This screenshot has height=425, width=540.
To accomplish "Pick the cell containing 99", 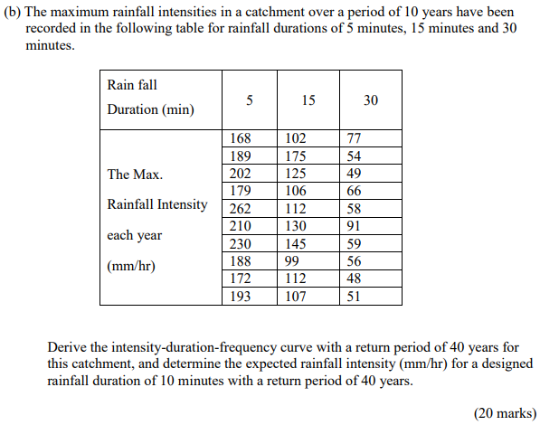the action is coord(292,260).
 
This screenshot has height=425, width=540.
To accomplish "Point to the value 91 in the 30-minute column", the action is coord(354,225).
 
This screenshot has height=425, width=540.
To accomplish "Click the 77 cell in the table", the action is coord(354,138).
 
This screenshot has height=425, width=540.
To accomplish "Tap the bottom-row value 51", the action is coord(354,295).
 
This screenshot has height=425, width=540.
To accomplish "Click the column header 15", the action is coord(308,100).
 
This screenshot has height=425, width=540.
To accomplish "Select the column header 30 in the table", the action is coord(371,100).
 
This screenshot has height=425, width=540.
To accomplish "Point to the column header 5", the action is coord(248,100).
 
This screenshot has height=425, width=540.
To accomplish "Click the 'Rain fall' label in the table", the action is coord(132,85).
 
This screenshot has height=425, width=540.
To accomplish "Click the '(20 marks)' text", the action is coord(505,412).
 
